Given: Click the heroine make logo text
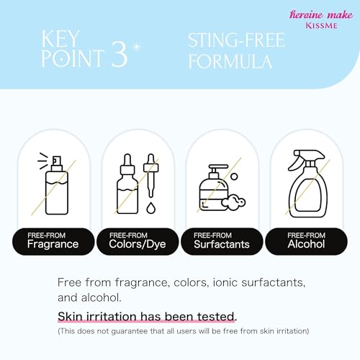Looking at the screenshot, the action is (321, 14).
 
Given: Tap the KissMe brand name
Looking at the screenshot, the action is (321, 25).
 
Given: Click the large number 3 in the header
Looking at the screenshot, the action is (120, 53).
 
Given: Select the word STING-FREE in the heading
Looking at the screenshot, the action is (237, 40).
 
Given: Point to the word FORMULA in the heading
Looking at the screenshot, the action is (230, 61).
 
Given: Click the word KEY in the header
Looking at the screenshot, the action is (60, 39).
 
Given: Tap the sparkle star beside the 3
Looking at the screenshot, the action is (137, 46).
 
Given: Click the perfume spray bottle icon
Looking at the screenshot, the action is (53, 184).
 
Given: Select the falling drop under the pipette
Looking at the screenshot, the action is (150, 208).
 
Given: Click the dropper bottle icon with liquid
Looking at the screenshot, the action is (127, 184).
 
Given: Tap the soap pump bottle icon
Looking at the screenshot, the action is (214, 188).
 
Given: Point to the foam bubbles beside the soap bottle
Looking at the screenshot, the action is (233, 202).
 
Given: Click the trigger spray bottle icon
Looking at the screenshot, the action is (308, 184).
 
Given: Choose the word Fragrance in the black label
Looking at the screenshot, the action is (53, 244).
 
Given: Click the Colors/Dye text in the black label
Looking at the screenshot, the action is (138, 244).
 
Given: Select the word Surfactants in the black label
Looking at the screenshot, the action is (222, 244).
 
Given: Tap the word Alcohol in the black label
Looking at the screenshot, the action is (306, 244).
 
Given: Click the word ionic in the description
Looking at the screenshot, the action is (225, 282).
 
